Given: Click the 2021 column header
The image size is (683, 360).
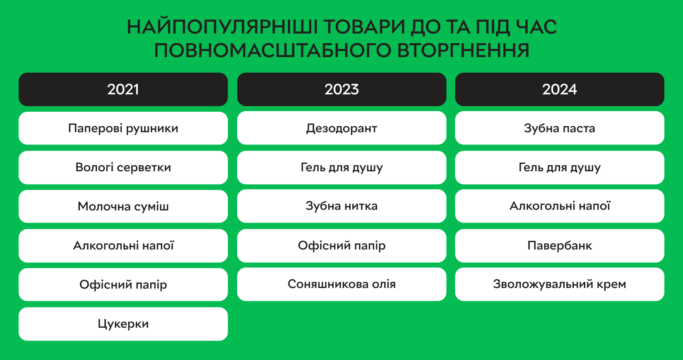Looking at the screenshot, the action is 123,89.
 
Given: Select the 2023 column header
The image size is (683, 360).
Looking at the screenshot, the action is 341,89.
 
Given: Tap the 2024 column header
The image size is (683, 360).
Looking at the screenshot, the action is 560,89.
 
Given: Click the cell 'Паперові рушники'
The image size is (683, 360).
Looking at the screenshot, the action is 123,128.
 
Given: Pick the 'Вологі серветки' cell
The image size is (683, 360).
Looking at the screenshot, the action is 123,167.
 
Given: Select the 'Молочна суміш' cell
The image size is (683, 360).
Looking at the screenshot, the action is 123,206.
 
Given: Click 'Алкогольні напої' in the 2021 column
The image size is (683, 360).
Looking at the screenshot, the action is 123,246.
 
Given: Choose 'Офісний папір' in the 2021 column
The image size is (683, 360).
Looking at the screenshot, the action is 123,285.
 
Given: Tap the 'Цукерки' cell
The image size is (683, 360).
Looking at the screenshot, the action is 123,324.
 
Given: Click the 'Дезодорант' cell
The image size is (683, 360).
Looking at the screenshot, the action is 341,128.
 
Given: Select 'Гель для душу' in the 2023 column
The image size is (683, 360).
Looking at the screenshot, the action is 341,167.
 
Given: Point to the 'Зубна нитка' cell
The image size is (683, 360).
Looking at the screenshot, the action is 341,206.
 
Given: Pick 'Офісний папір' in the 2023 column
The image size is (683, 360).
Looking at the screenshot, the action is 341,246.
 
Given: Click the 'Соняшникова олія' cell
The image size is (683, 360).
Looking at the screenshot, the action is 341,284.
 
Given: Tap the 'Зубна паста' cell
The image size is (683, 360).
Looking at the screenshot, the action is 560,128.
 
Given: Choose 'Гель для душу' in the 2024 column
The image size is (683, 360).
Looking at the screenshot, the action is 560,167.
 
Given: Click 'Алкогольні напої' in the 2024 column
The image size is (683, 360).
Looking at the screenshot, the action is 560,206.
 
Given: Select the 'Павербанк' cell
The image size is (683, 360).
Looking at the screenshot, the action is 560,246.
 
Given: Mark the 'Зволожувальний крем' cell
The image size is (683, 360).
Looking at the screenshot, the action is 560,284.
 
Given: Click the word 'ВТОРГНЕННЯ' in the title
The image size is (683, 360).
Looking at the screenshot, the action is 463,50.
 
